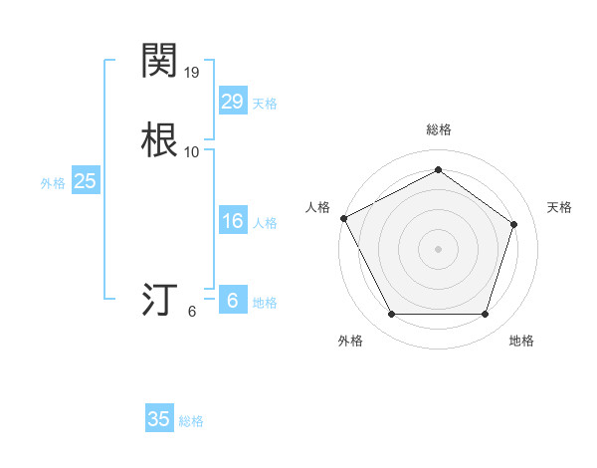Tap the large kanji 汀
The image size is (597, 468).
tap(160, 299)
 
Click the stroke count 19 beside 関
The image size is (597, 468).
tap(192, 73)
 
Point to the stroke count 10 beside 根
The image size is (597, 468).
tap(192, 152)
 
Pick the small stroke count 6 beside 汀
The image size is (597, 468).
tap(192, 312)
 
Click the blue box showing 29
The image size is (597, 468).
tap(232, 101)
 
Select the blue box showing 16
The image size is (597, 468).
tap(232, 221)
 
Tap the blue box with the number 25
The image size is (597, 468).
tap(86, 181)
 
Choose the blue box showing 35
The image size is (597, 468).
tap(159, 419)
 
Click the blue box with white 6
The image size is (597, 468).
tap(232, 301)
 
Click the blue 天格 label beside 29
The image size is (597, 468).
tap(265, 104)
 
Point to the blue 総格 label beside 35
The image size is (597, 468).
tap(191, 421)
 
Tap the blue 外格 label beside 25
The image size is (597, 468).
tap(53, 183)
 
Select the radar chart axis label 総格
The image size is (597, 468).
tap(438, 129)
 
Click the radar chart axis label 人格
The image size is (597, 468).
tap(317, 207)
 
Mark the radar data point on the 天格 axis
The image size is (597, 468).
tap(513, 224)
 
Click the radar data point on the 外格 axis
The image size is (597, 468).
tap(391, 315)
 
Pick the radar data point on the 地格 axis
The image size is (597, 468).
tap(485, 315)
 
